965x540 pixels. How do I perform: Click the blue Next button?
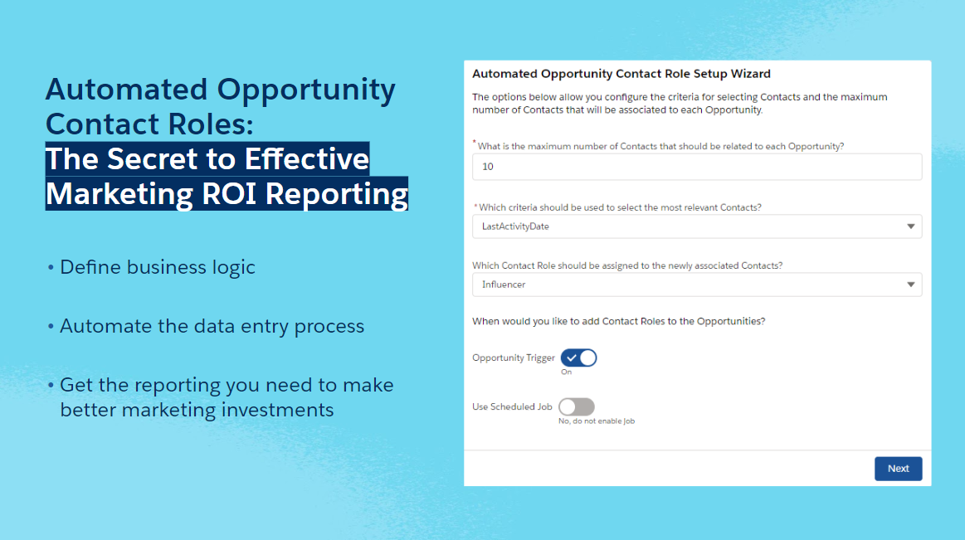click(x=898, y=469)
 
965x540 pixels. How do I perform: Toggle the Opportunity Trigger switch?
click(x=578, y=358)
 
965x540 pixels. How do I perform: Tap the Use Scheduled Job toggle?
click(x=577, y=406)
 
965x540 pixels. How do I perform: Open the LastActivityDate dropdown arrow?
click(x=911, y=226)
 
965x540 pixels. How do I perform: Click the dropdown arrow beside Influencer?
click(x=911, y=285)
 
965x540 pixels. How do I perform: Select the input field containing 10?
click(x=697, y=167)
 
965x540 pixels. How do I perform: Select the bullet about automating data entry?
click(x=206, y=326)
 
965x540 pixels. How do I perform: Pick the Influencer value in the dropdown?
click(x=504, y=285)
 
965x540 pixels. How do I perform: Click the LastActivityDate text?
click(x=515, y=226)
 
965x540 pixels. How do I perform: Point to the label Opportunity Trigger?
click(x=514, y=358)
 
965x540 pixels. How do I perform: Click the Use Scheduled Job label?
click(x=512, y=406)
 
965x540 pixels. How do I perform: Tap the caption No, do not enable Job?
click(x=597, y=421)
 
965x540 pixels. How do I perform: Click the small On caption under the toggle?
click(x=566, y=372)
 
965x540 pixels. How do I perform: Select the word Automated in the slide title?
click(x=127, y=90)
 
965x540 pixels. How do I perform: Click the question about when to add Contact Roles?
click(x=618, y=321)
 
